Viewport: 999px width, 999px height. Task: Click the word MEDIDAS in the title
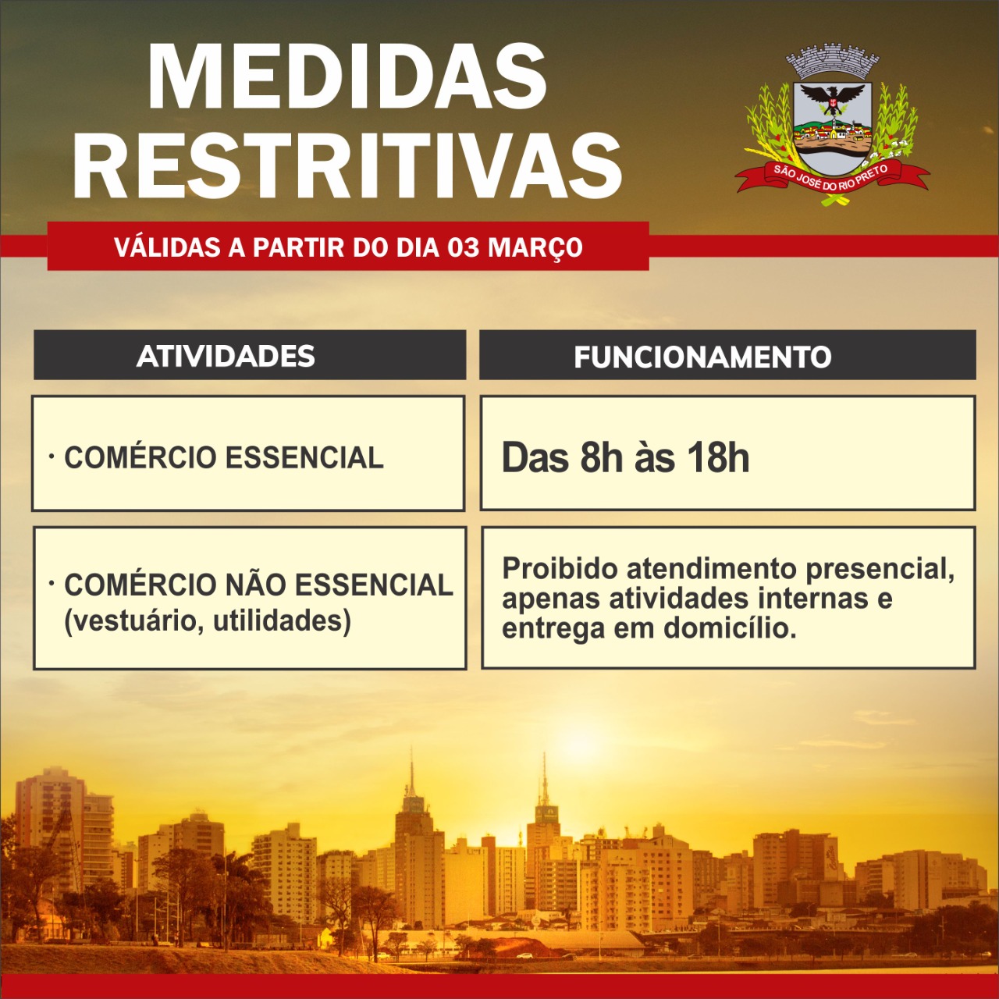pos(347,76)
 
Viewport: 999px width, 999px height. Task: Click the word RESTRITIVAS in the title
pos(347,164)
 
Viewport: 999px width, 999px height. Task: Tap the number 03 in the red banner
pos(464,247)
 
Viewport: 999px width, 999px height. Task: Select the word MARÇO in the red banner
pos(535,248)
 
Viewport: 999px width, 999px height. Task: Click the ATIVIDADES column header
pos(226,356)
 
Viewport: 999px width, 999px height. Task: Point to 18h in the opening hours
pos(719,458)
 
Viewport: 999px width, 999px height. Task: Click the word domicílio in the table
pos(730,629)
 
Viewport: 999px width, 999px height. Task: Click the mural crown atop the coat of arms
pos(833,61)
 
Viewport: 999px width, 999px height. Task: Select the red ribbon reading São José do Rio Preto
pos(831,178)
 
